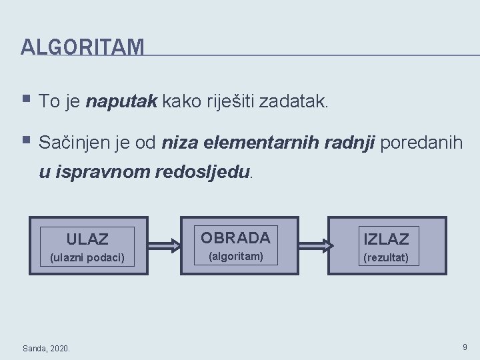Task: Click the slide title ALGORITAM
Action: [x=82, y=47]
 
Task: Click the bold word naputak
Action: [x=121, y=102]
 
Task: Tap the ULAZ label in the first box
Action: [x=87, y=238]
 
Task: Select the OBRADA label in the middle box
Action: [x=235, y=237]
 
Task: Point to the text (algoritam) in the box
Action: [x=235, y=257]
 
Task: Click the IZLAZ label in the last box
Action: [x=386, y=238]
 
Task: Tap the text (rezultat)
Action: [x=386, y=257]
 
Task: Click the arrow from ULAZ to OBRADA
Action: [x=165, y=245]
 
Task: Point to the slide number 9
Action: [x=465, y=347]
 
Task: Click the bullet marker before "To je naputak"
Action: [x=26, y=101]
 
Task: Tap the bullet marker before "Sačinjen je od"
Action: [x=26, y=141]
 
